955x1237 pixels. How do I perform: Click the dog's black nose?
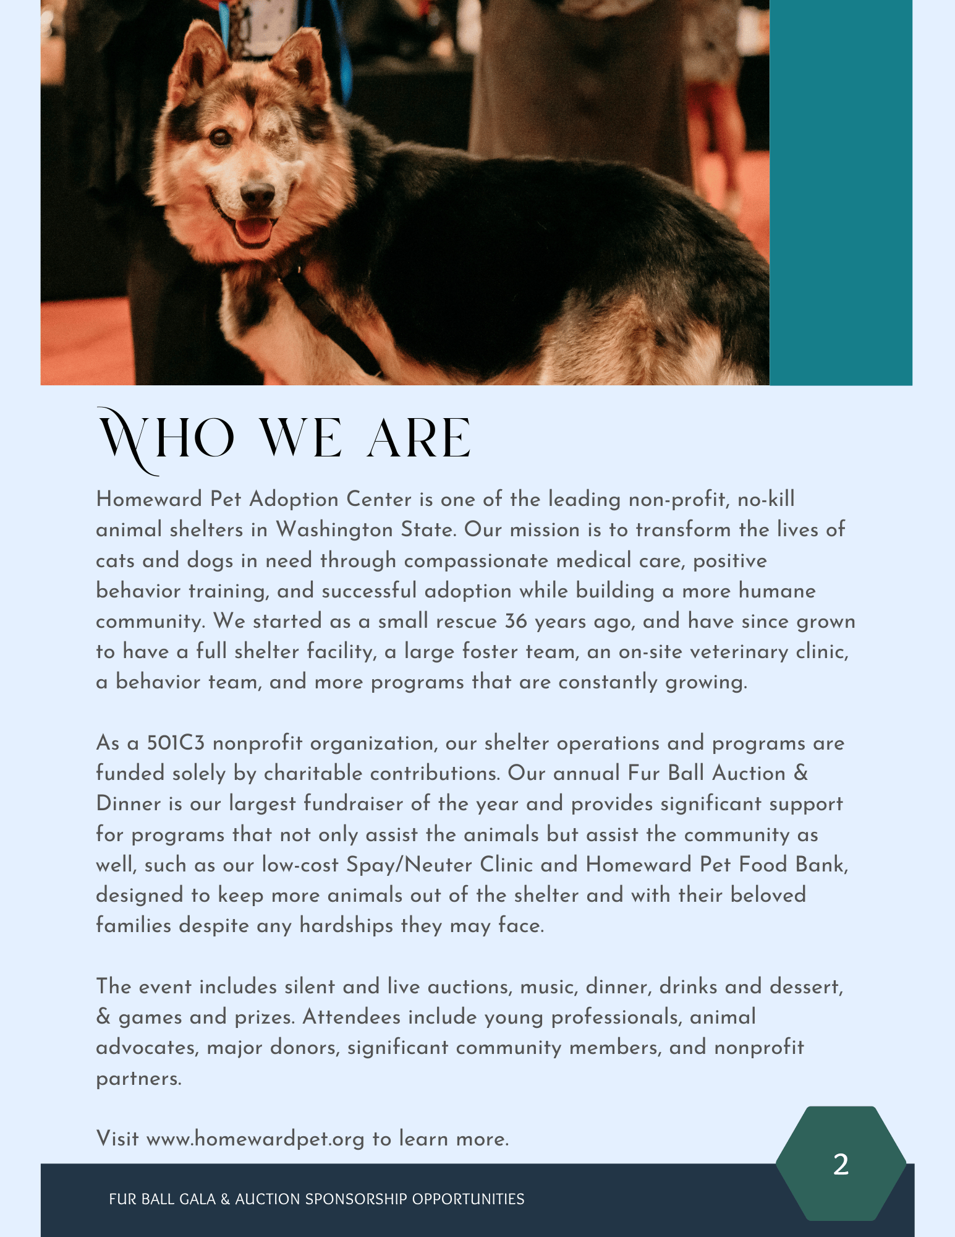(257, 195)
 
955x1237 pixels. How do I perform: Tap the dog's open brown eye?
(221, 137)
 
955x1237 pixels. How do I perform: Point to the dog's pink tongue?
(254, 231)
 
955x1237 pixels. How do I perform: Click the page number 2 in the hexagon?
(841, 1164)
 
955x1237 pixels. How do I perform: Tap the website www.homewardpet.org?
(255, 1139)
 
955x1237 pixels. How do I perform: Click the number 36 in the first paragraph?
(516, 621)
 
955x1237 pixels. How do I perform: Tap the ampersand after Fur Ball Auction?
(800, 773)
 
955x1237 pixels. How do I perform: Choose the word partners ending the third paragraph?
(138, 1079)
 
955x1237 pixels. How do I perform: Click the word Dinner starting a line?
(129, 804)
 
